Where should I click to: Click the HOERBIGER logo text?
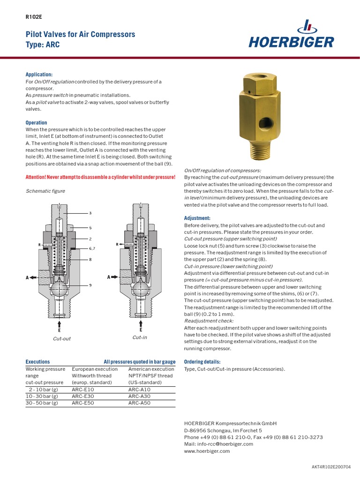(291, 43)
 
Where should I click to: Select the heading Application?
(39, 75)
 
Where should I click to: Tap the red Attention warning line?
(100, 177)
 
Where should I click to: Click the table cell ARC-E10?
(83, 390)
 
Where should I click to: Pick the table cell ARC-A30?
(140, 396)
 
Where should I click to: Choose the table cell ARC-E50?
(83, 403)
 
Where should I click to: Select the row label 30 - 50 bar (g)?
(42, 403)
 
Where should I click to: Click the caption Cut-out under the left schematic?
(62, 339)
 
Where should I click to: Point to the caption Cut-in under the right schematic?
(140, 337)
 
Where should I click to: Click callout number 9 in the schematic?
(90, 285)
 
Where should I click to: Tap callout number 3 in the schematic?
(90, 213)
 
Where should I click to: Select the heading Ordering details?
(202, 362)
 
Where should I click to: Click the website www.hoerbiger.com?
(207, 451)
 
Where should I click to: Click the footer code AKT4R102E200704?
(331, 467)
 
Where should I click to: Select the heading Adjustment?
(197, 218)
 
